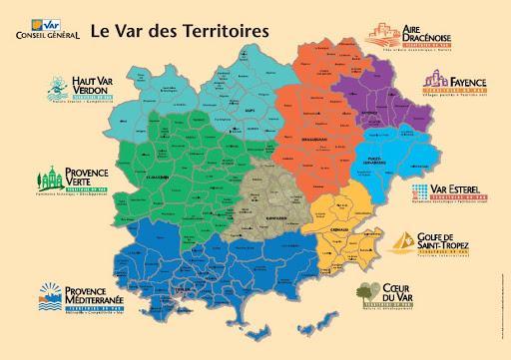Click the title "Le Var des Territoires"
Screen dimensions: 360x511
[179, 29]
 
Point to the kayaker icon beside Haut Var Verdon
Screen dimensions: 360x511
[54, 91]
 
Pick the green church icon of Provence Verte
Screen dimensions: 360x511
[49, 180]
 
